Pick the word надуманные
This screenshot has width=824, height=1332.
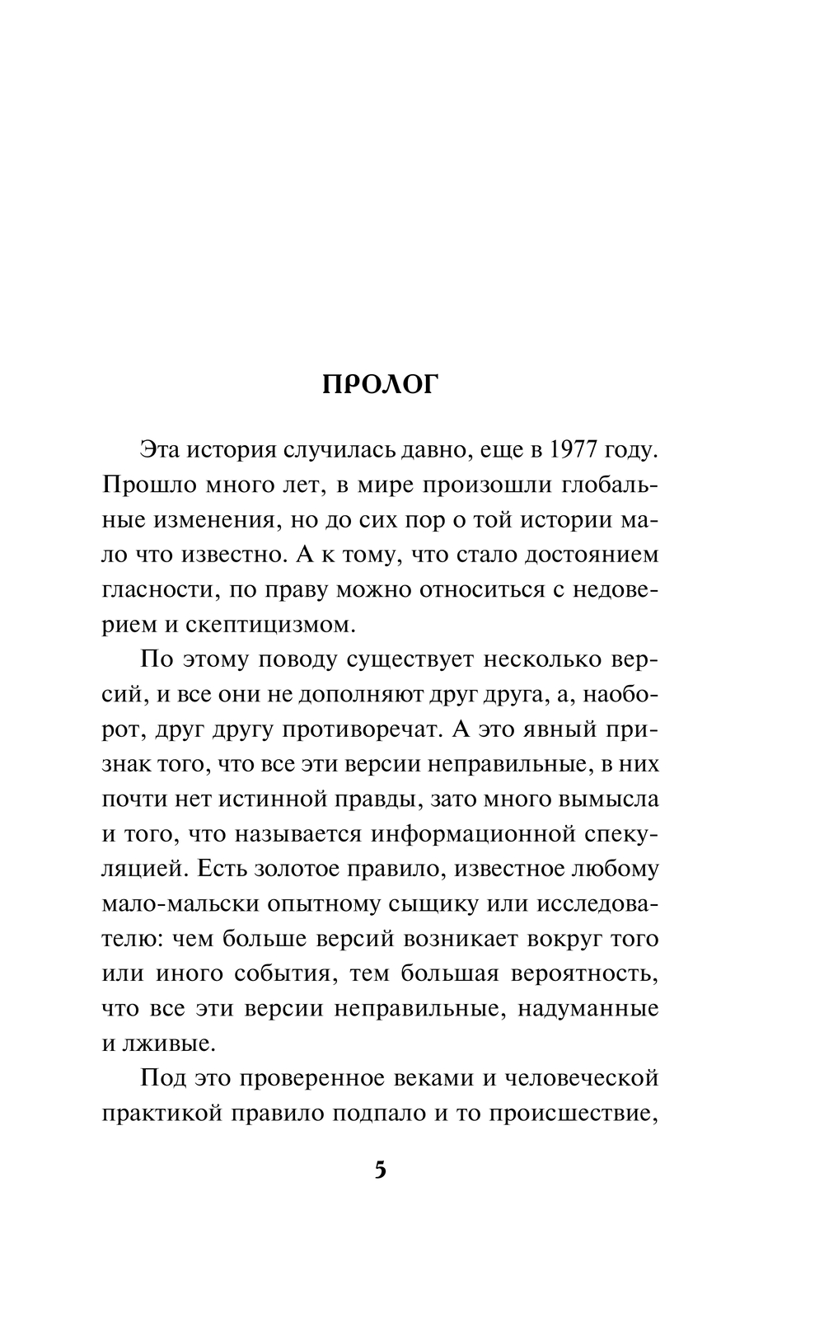point(588,1009)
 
